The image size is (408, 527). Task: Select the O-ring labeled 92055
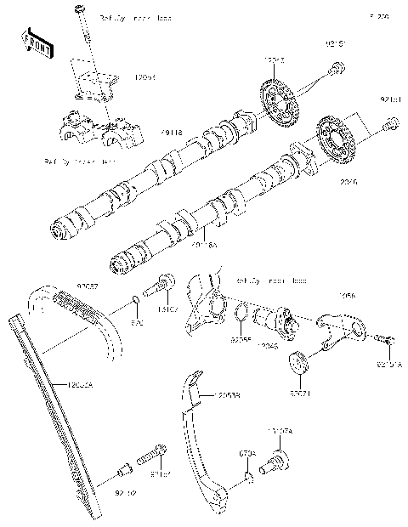[x=241, y=313]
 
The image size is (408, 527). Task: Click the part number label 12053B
[x=227, y=396]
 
